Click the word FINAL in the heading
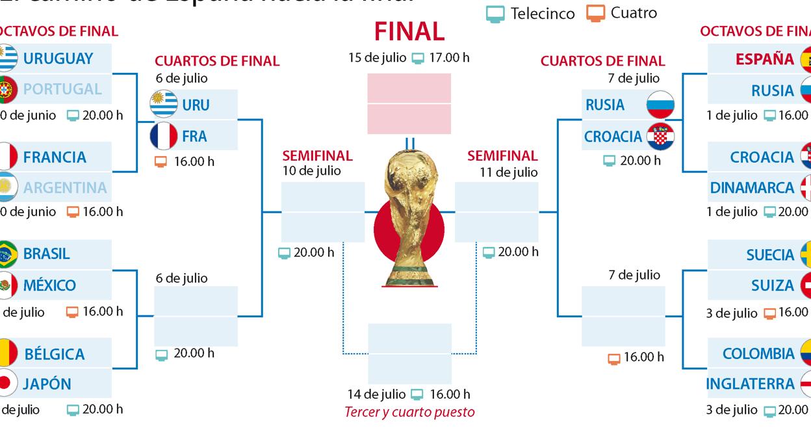[409, 31]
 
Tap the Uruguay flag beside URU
[163, 104]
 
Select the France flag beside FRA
[163, 136]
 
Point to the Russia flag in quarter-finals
[660, 105]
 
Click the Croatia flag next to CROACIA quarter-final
[660, 137]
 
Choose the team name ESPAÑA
[765, 59]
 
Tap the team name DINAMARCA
[753, 188]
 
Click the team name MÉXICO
[49, 286]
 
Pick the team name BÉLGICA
[55, 354]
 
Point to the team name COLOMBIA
[758, 354]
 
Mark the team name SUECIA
[770, 255]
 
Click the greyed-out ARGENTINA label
[65, 188]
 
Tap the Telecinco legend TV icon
[495, 14]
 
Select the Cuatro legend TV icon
[595, 13]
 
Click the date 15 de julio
[378, 57]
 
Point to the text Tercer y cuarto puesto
[409, 412]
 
